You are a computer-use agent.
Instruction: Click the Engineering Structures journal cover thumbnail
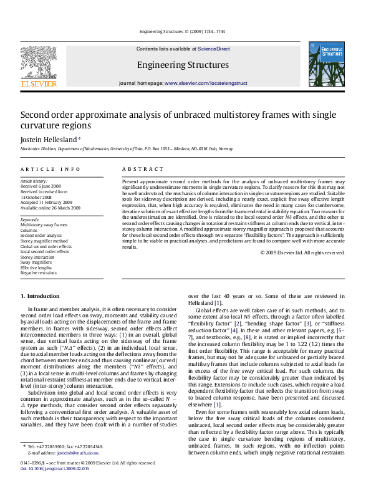point(326,64)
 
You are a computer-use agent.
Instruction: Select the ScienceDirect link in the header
point(214,49)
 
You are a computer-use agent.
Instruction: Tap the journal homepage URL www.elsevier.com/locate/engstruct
point(206,83)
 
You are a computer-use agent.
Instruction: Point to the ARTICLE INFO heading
point(51,169)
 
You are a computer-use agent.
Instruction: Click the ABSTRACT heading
point(138,169)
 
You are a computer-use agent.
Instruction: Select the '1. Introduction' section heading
point(40,296)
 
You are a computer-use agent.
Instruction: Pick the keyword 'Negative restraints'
point(39,273)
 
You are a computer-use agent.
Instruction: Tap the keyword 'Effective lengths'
point(37,267)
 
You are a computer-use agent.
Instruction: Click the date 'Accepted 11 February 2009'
point(46,202)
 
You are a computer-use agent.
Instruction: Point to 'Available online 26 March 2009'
point(49,208)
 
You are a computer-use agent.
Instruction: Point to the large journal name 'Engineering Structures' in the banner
point(183,65)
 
